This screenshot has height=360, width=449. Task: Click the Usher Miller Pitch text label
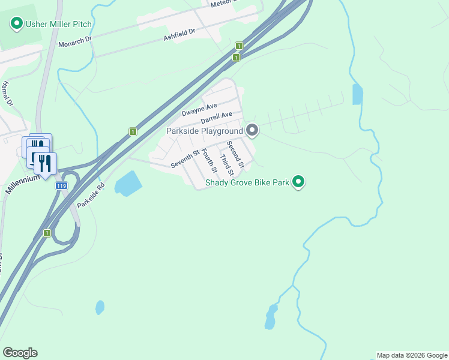[x=59, y=24]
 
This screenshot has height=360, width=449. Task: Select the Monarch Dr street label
[x=75, y=41]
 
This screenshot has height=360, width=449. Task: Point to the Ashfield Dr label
[x=180, y=35]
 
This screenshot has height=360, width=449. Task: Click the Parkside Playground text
[x=204, y=130]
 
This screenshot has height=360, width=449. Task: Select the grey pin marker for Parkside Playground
[x=252, y=130]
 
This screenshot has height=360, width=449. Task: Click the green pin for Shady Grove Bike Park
[x=298, y=181]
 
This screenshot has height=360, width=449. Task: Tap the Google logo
[x=20, y=353]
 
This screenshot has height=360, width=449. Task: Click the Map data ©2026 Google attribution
[x=412, y=355]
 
